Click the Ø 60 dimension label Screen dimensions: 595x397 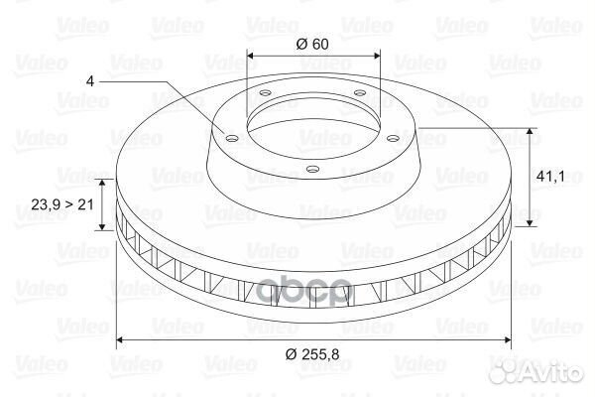click(312, 44)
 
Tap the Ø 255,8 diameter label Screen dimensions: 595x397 click(312, 354)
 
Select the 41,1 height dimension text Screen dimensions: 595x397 click(550, 177)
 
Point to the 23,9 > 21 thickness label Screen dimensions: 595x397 click(62, 204)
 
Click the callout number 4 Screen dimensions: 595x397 click(90, 81)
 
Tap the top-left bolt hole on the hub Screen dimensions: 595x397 click(265, 92)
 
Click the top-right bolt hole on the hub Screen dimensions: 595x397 click(359, 92)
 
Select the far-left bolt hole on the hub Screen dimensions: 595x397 click(231, 138)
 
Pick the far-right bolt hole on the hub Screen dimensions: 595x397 click(394, 139)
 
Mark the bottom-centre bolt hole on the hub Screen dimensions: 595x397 click(312, 169)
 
